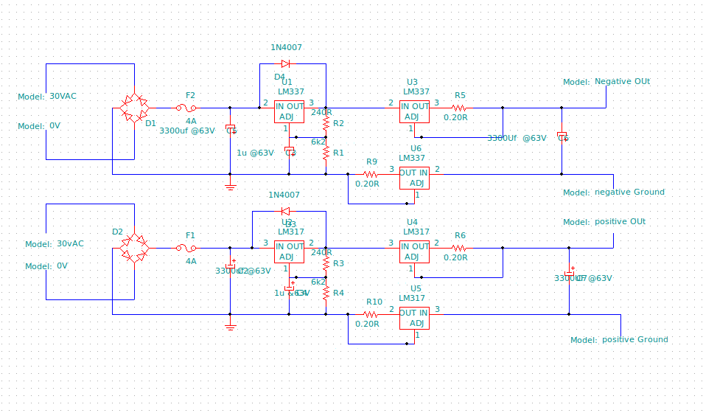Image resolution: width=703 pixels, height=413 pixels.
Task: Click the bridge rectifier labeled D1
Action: click(134, 108)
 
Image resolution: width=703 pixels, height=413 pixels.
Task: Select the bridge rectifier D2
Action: click(134, 248)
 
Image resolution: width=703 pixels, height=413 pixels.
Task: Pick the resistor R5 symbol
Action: click(460, 108)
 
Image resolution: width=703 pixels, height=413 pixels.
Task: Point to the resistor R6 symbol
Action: click(460, 248)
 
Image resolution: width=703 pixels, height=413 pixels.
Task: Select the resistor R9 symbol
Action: click(371, 174)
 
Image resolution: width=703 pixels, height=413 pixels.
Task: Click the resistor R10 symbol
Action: click(371, 314)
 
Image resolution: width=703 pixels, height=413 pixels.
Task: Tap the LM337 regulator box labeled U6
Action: click(413, 178)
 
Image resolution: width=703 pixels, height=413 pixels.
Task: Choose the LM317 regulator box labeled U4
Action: click(414, 251)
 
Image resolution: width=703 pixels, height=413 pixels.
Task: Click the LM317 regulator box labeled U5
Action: click(413, 318)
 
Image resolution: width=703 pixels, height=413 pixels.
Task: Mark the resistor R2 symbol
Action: click(326, 122)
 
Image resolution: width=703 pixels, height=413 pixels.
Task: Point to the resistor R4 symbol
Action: click(326, 292)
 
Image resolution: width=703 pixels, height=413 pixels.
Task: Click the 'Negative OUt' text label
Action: click(622, 81)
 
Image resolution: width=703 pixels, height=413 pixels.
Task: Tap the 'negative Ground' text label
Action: click(629, 192)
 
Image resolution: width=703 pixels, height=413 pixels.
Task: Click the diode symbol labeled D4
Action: click(285, 63)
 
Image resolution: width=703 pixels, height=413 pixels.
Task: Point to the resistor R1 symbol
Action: click(326, 152)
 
